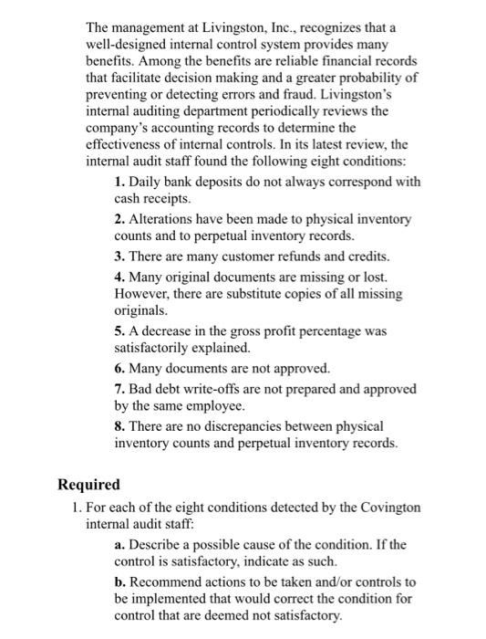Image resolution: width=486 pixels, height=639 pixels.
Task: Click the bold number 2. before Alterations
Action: (x=120, y=220)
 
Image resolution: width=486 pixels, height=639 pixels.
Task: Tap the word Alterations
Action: (x=161, y=220)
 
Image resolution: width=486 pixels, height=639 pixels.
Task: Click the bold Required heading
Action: (x=88, y=485)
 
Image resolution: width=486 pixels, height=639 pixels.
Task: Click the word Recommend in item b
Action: (x=170, y=581)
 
